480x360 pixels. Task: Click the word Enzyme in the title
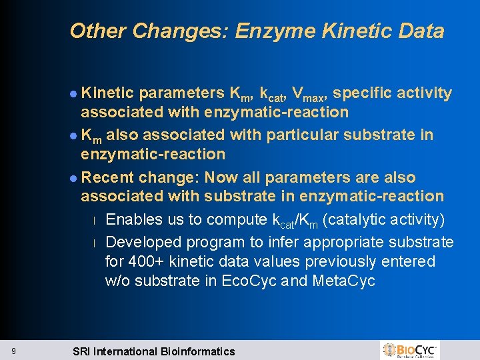pos(271,31)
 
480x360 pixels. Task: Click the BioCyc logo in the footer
pos(410,350)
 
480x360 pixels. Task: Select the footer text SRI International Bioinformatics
pos(153,351)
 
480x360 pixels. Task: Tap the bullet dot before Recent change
pos(73,179)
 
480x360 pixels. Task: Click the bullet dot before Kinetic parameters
pos(73,94)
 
